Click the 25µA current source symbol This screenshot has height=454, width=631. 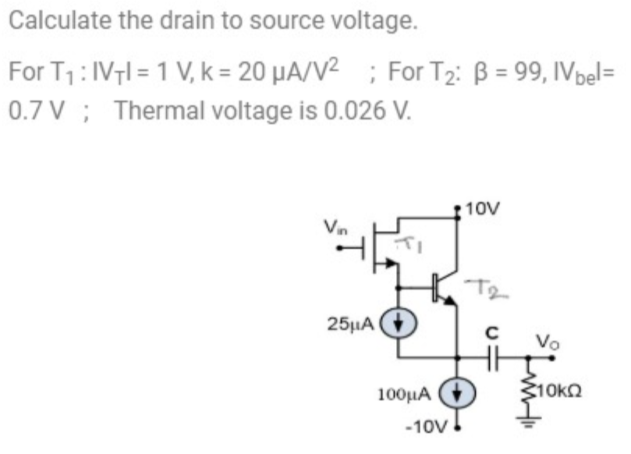399,321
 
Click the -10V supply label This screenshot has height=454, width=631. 425,427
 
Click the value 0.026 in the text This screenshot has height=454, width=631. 361,110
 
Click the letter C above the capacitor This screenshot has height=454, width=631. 491,332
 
